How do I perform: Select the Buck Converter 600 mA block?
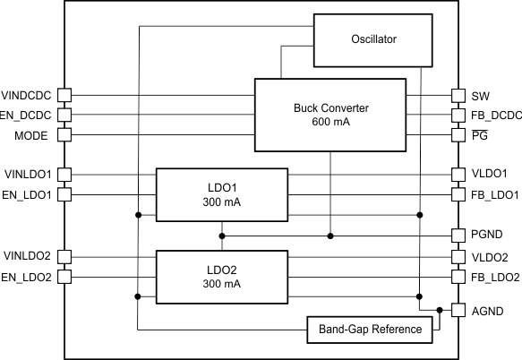point(330,115)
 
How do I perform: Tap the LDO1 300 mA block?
point(222,194)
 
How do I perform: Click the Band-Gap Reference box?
point(369,330)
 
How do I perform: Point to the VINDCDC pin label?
point(27,95)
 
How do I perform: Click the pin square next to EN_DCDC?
point(64,115)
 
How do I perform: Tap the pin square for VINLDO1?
point(64,174)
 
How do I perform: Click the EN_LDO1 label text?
point(27,193)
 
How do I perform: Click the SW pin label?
point(480,95)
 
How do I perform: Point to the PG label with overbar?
point(479,134)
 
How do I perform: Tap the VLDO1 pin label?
point(489,174)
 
